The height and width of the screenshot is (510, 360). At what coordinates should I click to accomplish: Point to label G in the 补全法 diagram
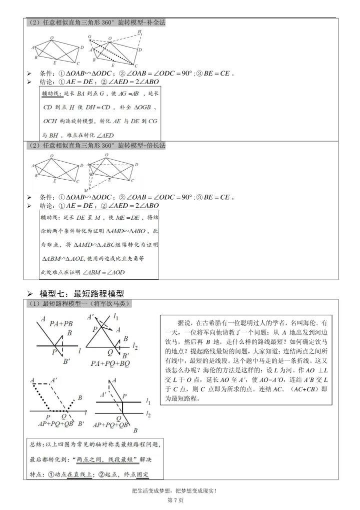89,37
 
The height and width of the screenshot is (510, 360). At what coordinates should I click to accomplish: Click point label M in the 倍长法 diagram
86,191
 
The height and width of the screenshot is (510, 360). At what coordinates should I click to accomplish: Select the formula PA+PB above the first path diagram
61,324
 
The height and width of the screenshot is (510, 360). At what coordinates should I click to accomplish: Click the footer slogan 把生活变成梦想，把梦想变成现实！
179,490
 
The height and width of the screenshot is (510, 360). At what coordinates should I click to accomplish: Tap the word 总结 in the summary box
36,444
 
